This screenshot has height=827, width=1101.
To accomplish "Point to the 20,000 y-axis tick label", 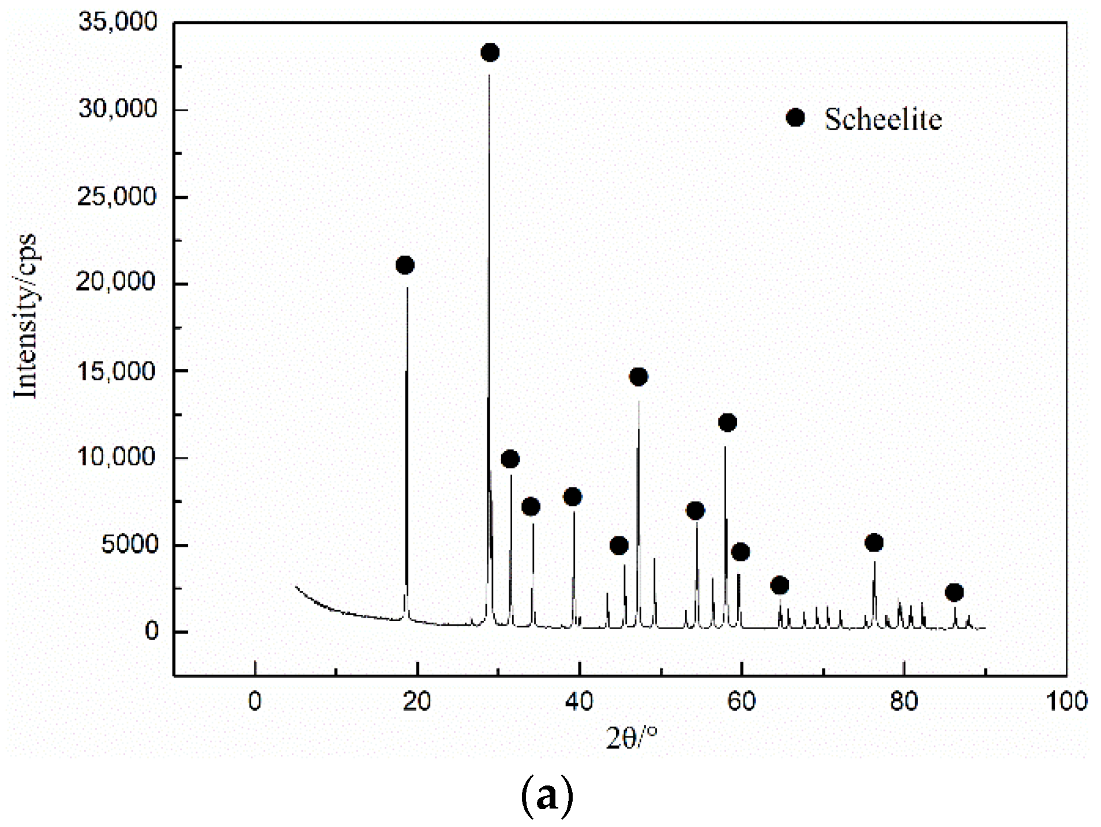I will click(x=117, y=283).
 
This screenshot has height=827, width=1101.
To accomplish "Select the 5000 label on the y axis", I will click(x=129, y=544).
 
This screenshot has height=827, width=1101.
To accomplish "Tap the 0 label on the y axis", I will click(x=152, y=631).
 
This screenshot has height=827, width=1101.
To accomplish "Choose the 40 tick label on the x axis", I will click(x=579, y=701).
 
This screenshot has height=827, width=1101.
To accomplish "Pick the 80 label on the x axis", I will click(x=904, y=701).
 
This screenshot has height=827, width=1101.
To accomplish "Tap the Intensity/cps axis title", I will click(x=26, y=316).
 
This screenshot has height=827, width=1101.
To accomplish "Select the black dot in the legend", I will click(x=795, y=118).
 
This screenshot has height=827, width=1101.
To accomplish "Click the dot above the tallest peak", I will click(x=490, y=53).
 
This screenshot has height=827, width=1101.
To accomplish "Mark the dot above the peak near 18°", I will click(x=405, y=265).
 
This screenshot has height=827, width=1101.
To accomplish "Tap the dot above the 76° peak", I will click(x=874, y=543).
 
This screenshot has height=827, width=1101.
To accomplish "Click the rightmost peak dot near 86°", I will click(x=955, y=592).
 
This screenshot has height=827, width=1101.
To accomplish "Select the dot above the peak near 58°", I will click(x=727, y=423).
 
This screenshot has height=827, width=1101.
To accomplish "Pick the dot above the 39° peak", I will click(x=572, y=497).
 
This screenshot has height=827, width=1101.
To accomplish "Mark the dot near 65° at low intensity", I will click(x=779, y=585).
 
